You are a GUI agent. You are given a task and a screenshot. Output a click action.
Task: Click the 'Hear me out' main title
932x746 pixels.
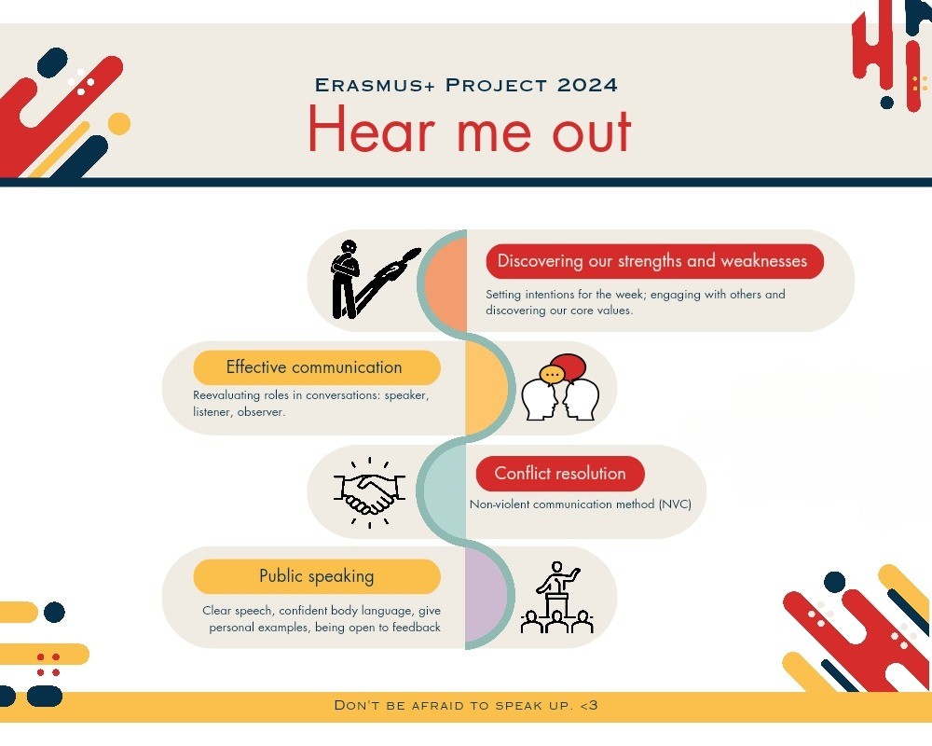(x=470, y=130)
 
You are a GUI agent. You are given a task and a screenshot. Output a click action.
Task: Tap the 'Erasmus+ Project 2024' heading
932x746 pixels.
(x=466, y=85)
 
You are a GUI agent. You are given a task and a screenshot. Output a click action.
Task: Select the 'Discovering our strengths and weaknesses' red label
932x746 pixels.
(x=654, y=261)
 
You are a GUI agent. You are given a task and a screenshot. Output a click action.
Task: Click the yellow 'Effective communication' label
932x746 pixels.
(x=317, y=367)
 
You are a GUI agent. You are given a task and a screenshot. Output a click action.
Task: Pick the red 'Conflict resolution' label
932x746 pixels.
(x=560, y=474)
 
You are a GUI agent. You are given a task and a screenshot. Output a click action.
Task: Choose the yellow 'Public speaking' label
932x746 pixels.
(x=317, y=576)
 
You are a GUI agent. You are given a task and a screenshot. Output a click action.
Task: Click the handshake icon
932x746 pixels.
(x=369, y=493)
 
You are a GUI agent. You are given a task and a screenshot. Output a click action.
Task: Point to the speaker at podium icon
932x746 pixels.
(x=557, y=598)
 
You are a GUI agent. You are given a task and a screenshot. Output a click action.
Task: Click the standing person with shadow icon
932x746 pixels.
(x=375, y=280)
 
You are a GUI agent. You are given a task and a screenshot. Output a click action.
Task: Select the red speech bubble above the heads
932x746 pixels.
(x=569, y=367)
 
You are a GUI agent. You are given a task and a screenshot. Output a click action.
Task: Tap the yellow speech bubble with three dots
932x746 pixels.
(x=552, y=375)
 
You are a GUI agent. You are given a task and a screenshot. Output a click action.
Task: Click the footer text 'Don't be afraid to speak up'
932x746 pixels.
(x=466, y=706)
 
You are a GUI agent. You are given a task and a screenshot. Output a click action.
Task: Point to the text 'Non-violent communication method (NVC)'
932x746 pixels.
(x=580, y=504)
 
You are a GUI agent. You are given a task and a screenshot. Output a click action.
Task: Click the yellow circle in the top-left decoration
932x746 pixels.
(x=119, y=124)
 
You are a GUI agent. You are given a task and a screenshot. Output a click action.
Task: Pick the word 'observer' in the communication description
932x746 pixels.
(x=261, y=411)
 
